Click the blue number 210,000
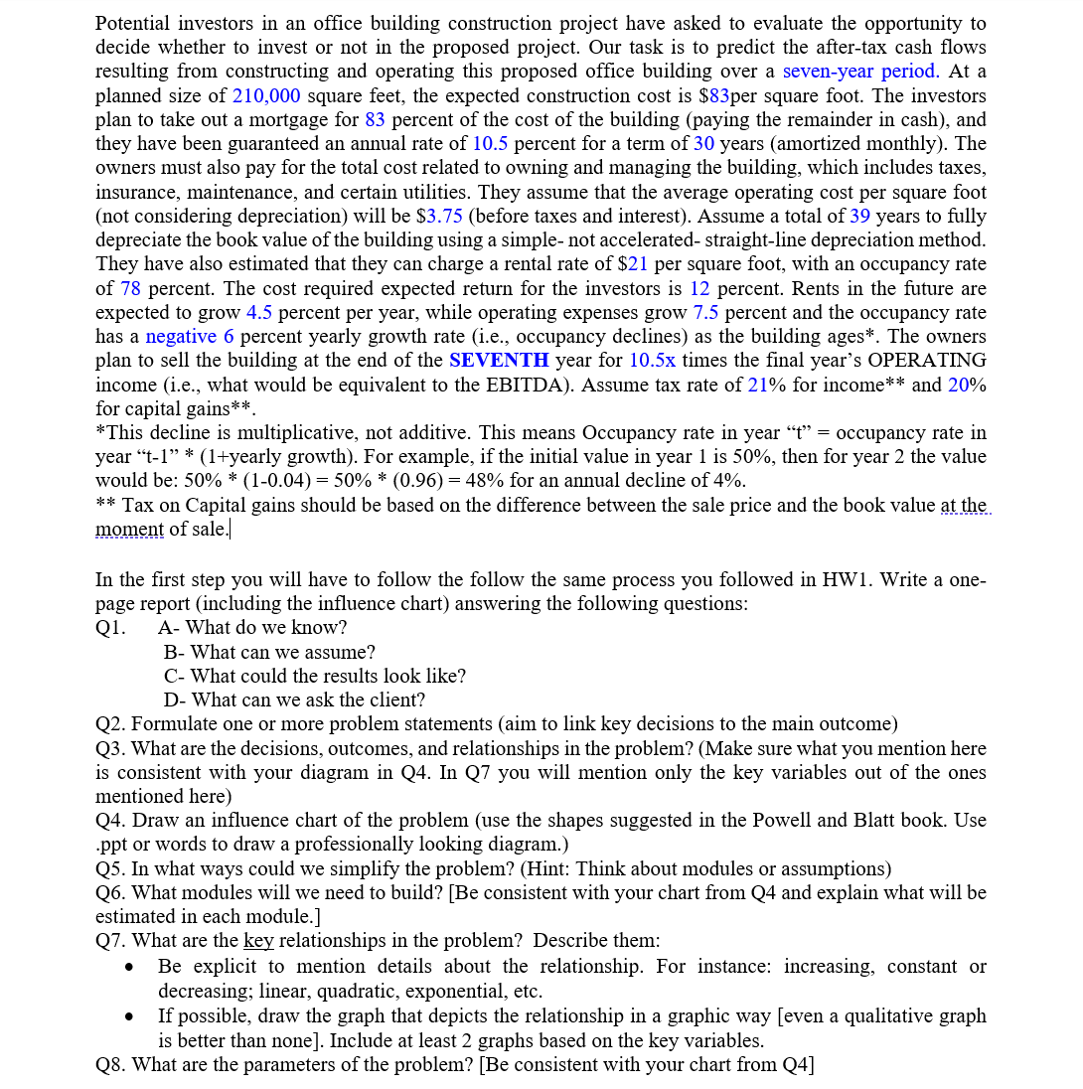[x=261, y=96]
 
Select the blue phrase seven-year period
[x=860, y=72]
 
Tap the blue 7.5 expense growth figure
[x=705, y=313]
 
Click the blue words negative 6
[x=190, y=337]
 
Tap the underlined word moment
[x=129, y=530]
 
